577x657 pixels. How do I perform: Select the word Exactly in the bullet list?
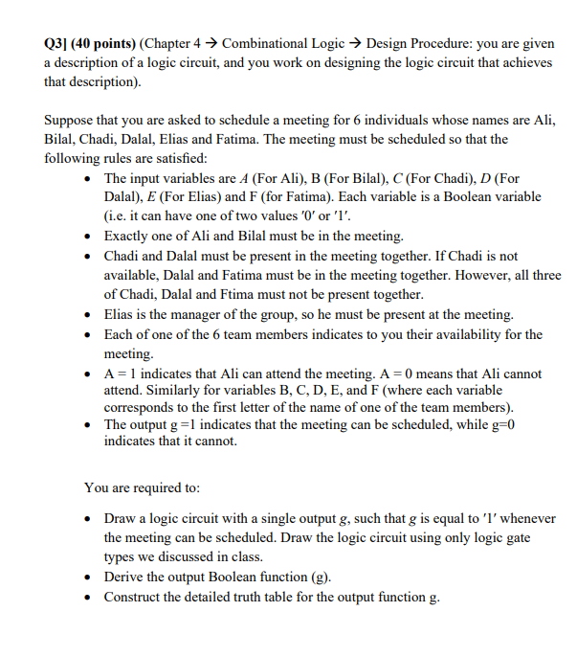[x=127, y=236]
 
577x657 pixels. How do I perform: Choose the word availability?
[x=490, y=334]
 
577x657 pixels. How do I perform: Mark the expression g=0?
[x=503, y=423]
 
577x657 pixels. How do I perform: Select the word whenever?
[x=526, y=518]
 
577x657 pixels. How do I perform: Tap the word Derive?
[x=126, y=577]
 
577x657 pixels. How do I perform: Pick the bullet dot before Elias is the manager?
[x=89, y=314]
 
